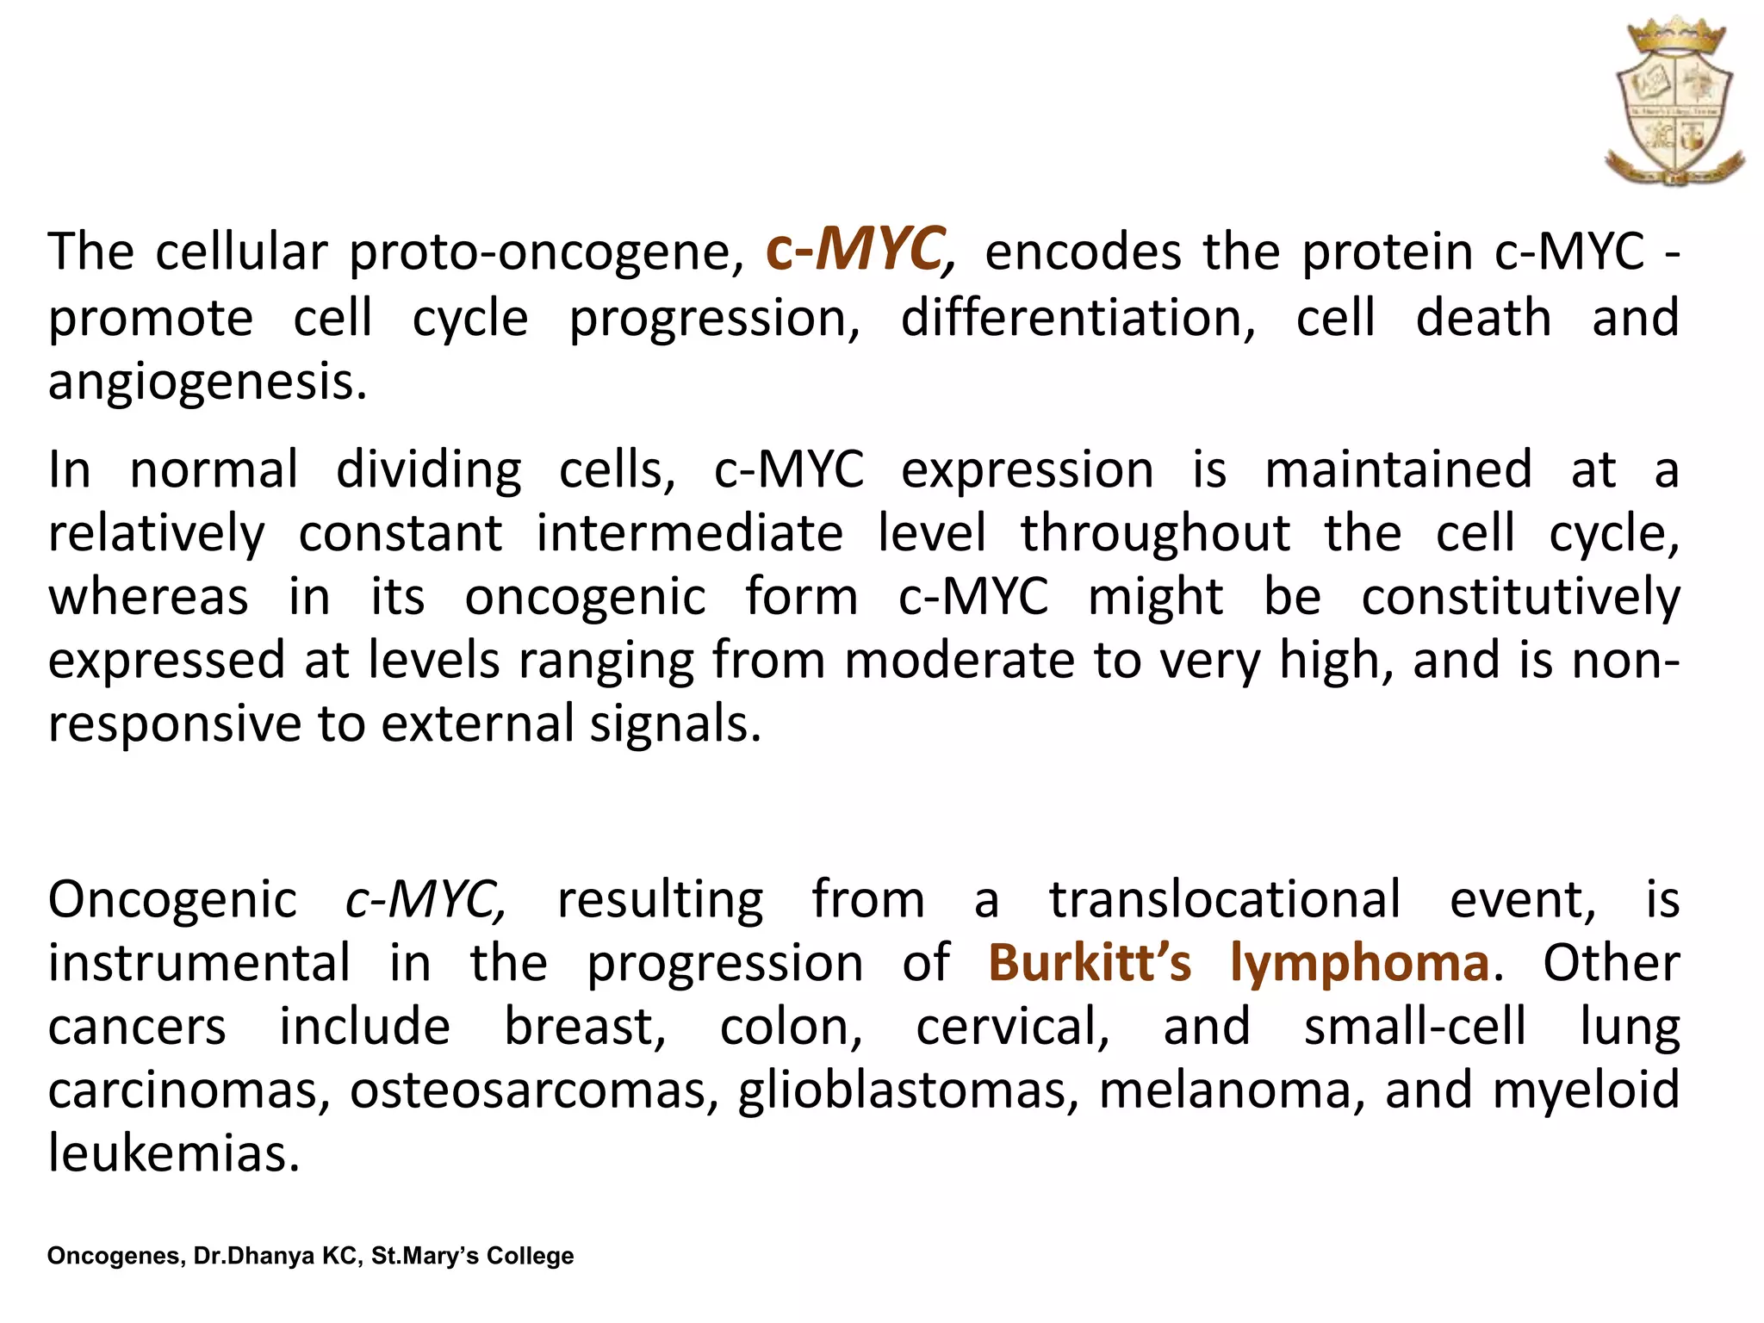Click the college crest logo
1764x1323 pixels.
point(1674,102)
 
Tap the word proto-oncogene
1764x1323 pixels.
point(546,253)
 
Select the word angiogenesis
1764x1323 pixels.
point(207,382)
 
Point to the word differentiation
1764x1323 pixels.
point(1078,318)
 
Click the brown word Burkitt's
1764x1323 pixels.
point(1089,963)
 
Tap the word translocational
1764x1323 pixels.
point(1224,900)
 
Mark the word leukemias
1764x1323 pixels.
point(173,1153)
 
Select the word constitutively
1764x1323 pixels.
point(1520,597)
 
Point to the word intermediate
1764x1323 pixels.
point(689,533)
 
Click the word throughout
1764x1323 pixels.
point(1155,533)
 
